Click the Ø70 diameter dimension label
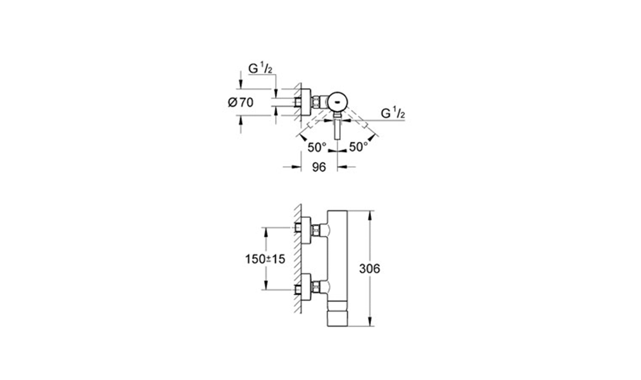(240, 102)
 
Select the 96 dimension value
(319, 167)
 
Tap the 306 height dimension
(370, 269)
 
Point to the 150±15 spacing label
(265, 259)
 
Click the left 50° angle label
(317, 148)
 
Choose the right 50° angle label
(358, 147)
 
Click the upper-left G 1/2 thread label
(260, 69)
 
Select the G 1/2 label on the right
(393, 113)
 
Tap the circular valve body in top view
(338, 101)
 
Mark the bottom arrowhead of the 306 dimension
(370, 322)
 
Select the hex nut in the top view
(316, 101)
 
